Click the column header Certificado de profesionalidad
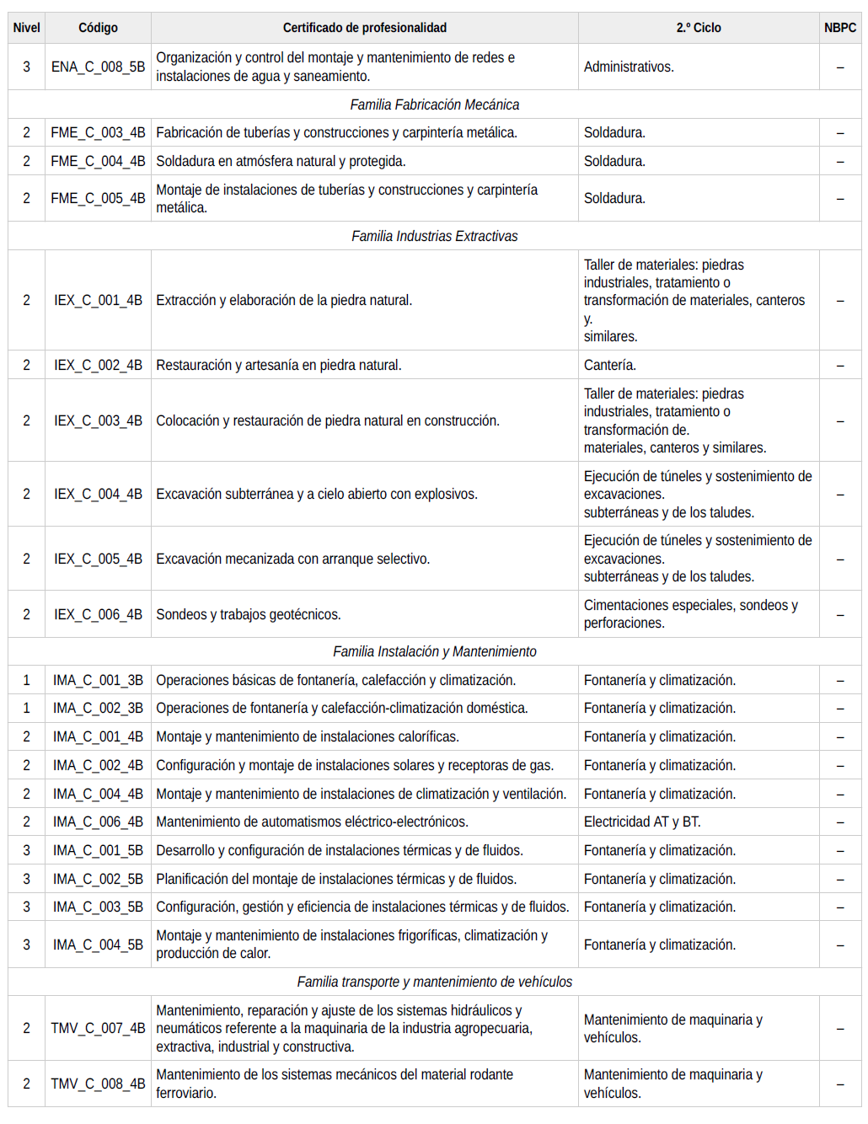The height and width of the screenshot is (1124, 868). pos(364,28)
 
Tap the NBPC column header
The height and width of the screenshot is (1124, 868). pos(839,28)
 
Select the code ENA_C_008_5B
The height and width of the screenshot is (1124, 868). pos(98,67)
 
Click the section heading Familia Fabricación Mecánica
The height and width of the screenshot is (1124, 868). pos(434,104)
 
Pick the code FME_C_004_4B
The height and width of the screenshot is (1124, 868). pos(98,161)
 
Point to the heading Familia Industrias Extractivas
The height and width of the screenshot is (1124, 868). pos(434,236)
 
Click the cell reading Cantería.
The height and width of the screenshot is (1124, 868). pos(610,365)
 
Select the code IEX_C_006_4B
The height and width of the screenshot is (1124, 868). pos(98,614)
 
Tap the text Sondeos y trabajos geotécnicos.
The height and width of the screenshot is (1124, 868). pos(249,614)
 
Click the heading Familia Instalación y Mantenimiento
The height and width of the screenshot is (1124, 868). pos(434,651)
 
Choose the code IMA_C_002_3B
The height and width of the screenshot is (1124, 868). pos(98,708)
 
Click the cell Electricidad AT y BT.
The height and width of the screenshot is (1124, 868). pos(642,822)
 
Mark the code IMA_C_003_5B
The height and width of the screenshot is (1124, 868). pos(98,907)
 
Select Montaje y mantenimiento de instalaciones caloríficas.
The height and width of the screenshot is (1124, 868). pos(308,736)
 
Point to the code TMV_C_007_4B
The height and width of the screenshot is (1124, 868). pos(98,1028)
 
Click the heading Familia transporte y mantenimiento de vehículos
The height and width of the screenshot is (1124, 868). pos(434,982)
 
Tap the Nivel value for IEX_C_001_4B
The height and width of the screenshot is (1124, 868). pos(26,300)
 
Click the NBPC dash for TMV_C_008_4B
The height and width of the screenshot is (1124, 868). pos(839,1084)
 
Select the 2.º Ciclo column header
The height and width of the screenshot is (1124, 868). pos(698,28)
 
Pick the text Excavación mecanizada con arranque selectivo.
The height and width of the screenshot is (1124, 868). pos(292,559)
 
